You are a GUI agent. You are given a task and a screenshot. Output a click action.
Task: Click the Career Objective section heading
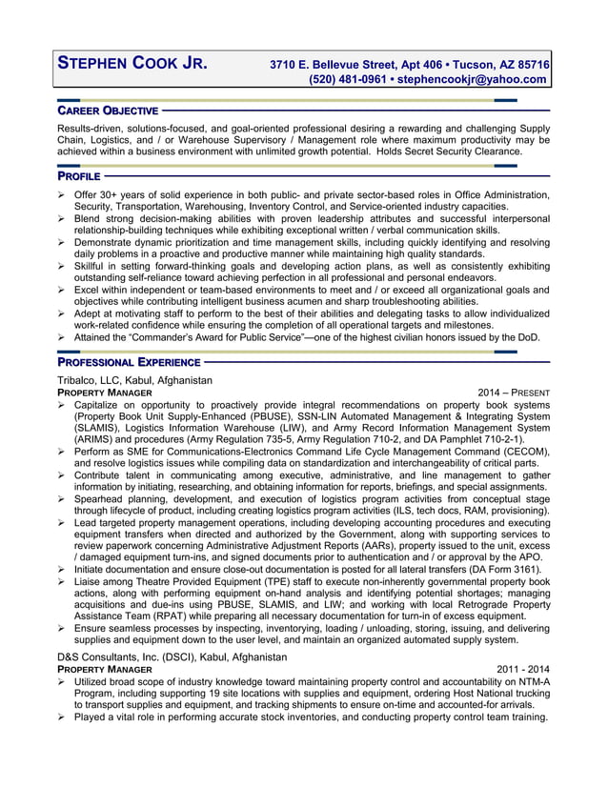(108, 111)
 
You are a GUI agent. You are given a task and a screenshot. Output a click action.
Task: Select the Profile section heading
(78, 176)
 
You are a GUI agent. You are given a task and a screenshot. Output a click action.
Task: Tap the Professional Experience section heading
(129, 363)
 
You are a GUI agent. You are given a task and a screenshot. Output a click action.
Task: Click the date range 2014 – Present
(515, 393)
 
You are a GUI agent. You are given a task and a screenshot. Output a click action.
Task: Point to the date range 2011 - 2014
(523, 670)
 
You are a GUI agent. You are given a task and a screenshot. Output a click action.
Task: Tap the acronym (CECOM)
(523, 452)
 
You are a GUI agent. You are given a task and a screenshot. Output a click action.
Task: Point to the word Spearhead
(103, 498)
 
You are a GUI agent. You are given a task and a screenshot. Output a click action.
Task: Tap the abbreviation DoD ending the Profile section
(530, 336)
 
